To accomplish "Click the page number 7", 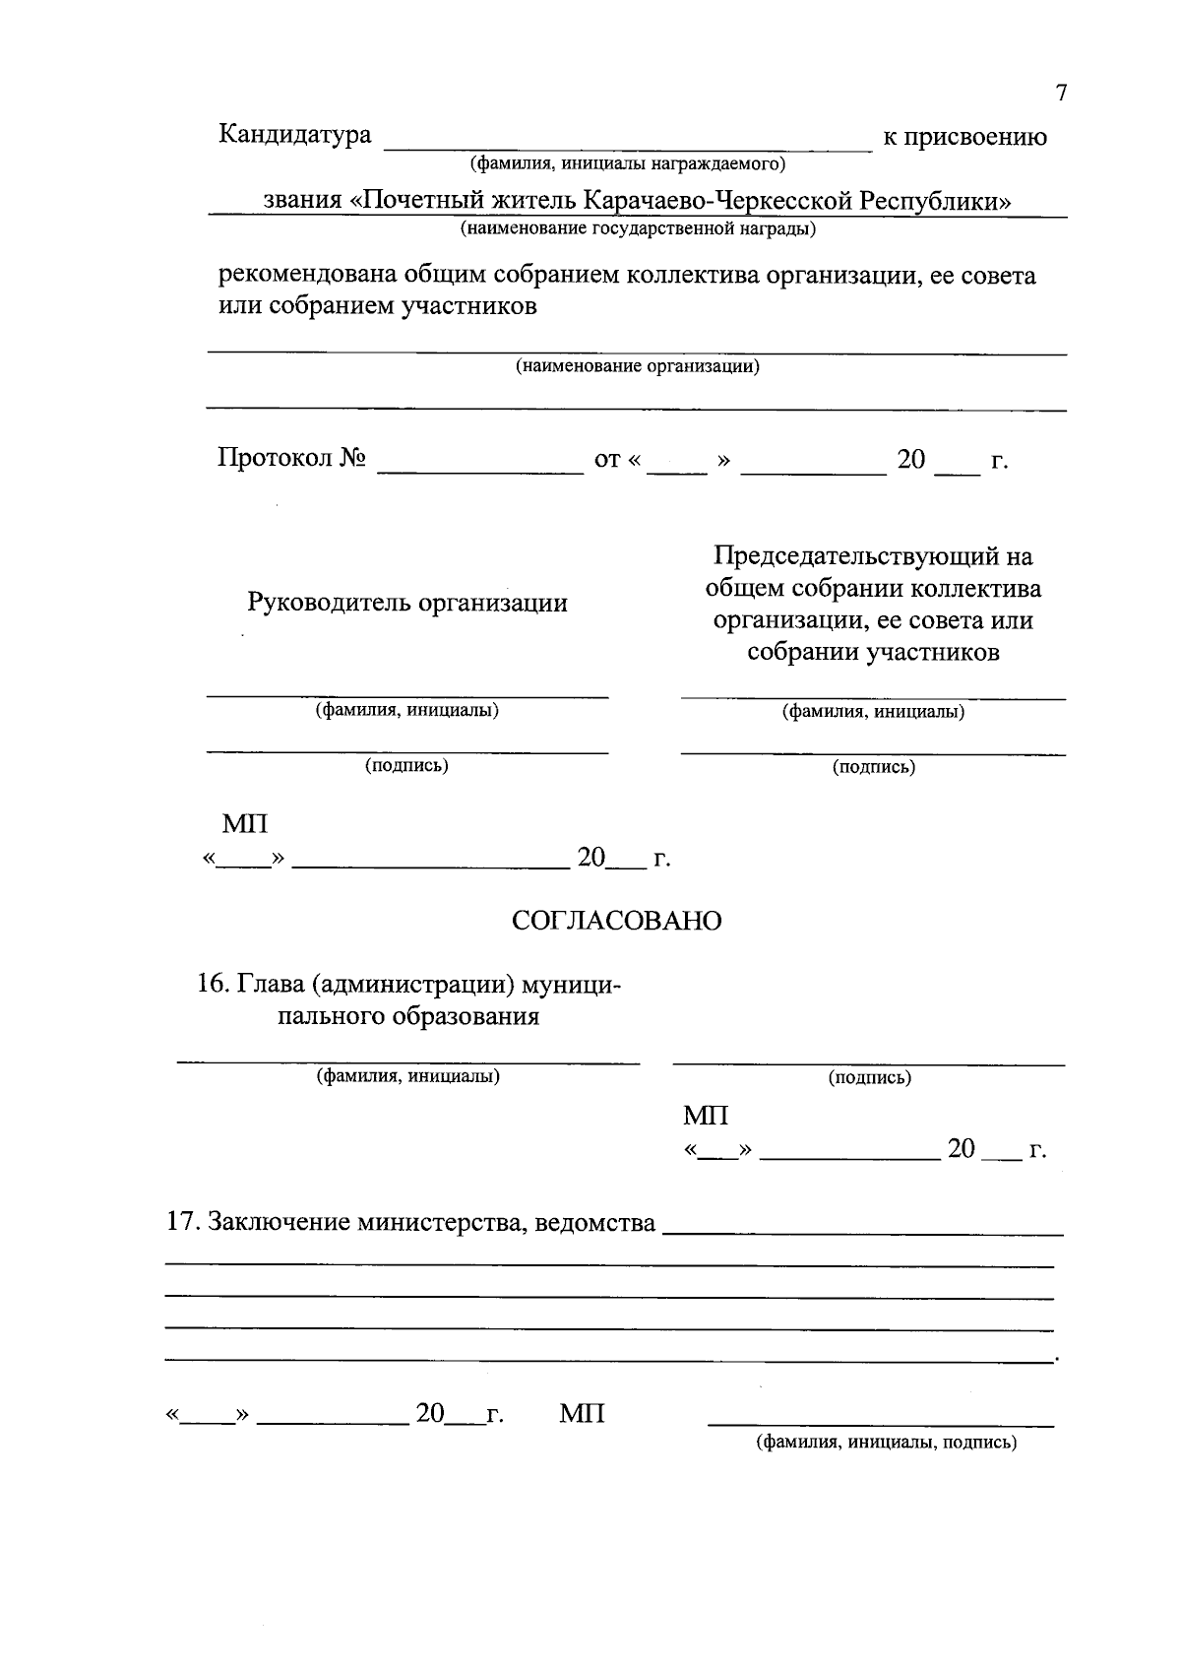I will click(x=1061, y=95).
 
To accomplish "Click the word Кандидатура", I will click(x=294, y=135).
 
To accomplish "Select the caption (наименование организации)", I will click(x=638, y=366).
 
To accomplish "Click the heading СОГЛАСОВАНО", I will click(x=616, y=921).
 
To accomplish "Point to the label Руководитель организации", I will click(x=407, y=603).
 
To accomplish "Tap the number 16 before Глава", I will click(x=213, y=985).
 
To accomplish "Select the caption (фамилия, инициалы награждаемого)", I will click(x=627, y=162).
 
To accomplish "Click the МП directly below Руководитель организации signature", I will click(x=244, y=823).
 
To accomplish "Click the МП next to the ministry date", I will click(x=583, y=1414).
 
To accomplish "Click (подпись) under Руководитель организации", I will click(x=406, y=765).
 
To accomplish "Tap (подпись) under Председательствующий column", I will click(x=873, y=766).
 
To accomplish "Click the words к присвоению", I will click(x=964, y=137).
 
